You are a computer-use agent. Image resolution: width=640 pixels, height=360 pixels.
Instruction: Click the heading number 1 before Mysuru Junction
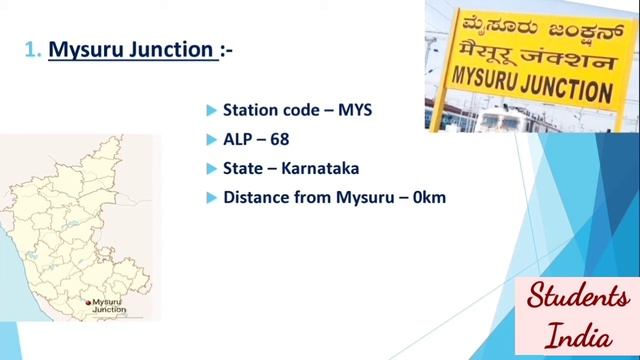click(x=30, y=49)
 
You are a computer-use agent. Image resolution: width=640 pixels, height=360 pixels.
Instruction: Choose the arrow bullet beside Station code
click(x=211, y=109)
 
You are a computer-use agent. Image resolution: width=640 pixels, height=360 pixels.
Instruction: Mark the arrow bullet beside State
click(x=211, y=168)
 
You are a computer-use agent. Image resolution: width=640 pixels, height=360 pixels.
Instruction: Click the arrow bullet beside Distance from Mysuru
click(x=211, y=197)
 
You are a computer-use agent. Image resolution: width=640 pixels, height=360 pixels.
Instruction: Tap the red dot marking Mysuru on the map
click(x=88, y=301)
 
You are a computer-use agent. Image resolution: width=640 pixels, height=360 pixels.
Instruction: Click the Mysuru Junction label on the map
click(x=109, y=305)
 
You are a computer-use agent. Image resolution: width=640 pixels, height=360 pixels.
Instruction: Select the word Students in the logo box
click(x=579, y=297)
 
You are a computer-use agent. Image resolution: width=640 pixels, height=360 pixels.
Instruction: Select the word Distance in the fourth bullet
click(x=256, y=197)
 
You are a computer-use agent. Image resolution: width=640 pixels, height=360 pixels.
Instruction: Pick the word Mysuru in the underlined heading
click(x=86, y=49)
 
